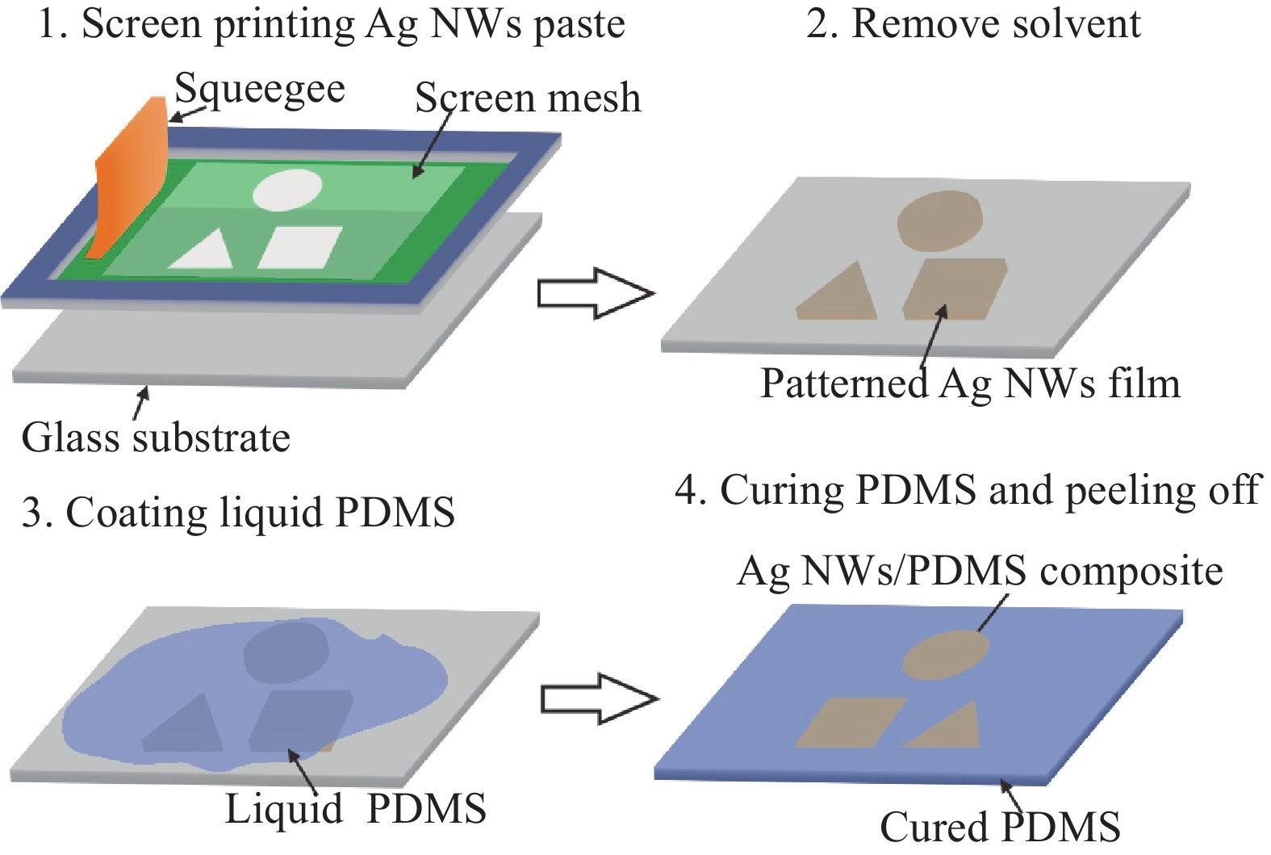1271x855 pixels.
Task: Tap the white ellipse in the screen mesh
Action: point(287,190)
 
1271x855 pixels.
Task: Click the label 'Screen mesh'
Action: point(528,98)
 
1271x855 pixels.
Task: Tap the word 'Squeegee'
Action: point(260,90)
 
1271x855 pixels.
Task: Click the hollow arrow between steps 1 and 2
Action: point(596,293)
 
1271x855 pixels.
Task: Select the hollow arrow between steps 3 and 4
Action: point(599,698)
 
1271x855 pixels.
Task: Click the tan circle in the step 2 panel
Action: point(941,220)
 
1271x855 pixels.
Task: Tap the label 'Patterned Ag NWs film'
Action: point(970,383)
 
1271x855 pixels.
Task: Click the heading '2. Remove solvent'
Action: point(973,23)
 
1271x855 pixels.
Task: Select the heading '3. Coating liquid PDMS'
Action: point(238,513)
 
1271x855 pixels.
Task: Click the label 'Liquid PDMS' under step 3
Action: point(355,809)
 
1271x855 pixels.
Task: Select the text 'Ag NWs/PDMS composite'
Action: point(980,572)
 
